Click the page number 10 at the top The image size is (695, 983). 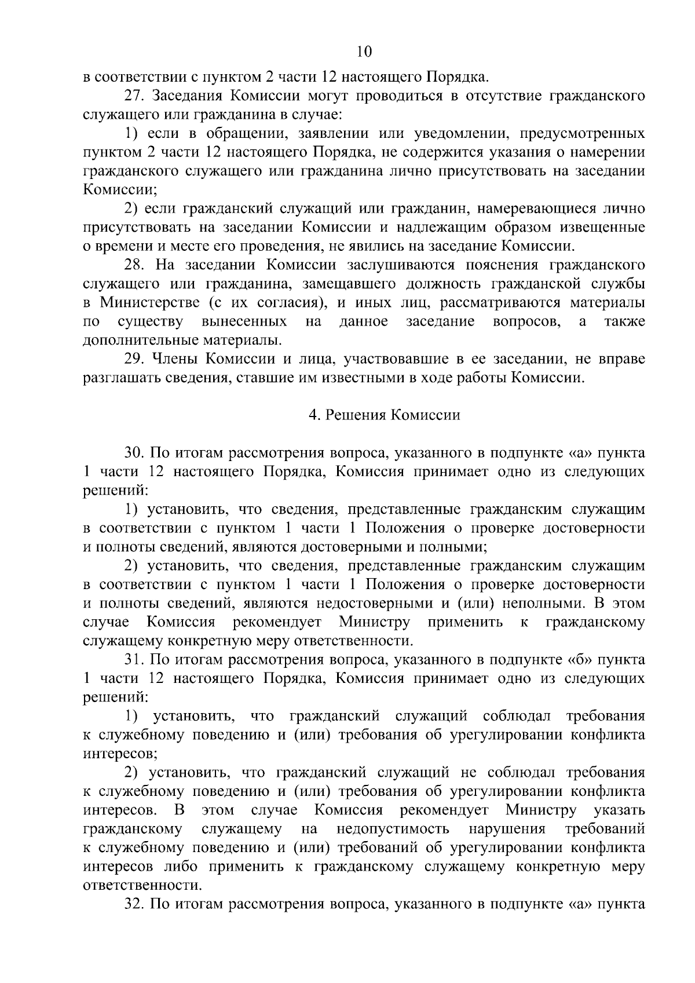tap(364, 52)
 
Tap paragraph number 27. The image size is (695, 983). tap(134, 96)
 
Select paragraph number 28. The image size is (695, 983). tap(134, 265)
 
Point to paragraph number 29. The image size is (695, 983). tap(134, 359)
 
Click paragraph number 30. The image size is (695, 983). tap(134, 453)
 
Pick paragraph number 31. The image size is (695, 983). tap(134, 659)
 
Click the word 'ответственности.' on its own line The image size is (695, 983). tap(142, 886)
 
